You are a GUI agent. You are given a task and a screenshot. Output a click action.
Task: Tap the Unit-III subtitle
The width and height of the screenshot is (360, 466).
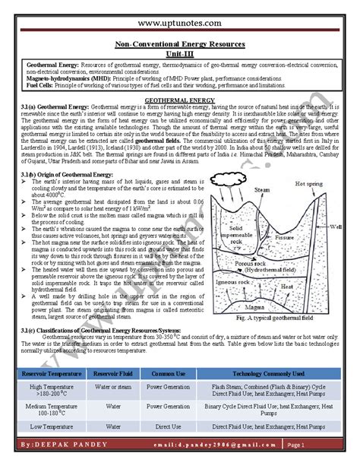(x=180, y=54)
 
